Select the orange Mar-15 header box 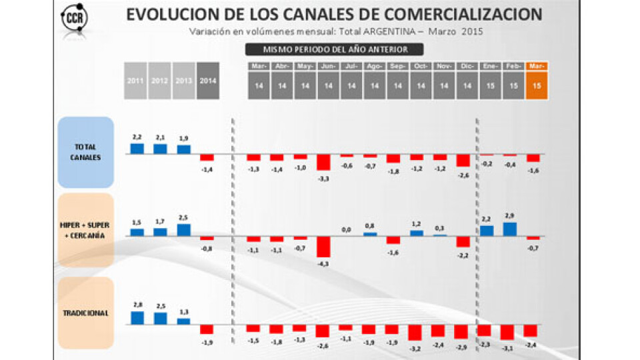(537, 81)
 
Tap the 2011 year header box (135, 80)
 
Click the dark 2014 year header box (208, 80)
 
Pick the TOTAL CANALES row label (86, 152)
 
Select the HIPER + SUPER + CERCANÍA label (86, 230)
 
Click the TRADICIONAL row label (86, 312)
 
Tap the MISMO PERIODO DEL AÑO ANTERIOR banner (326, 49)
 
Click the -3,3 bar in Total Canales (323, 162)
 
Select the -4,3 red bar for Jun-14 (323, 247)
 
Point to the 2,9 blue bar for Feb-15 (510, 229)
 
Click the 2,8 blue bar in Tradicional (137, 317)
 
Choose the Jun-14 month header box (328, 81)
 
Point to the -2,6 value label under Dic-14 (463, 175)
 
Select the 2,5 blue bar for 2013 (183, 229)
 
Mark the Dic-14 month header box (467, 81)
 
